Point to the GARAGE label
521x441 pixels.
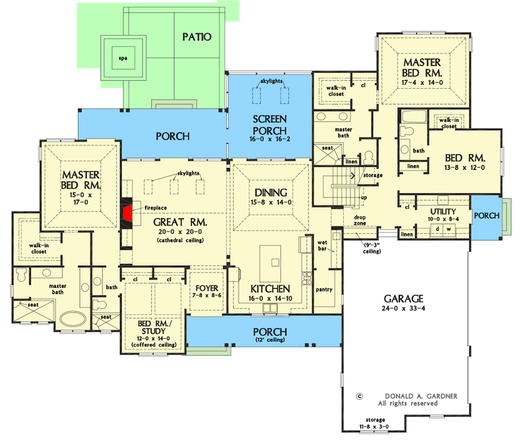pos(403,299)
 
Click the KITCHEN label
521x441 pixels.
pos(270,289)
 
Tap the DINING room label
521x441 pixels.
pos(271,192)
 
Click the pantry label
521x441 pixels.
pos(324,289)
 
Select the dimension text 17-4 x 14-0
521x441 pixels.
pos(422,83)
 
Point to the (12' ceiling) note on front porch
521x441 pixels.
pos(270,341)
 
